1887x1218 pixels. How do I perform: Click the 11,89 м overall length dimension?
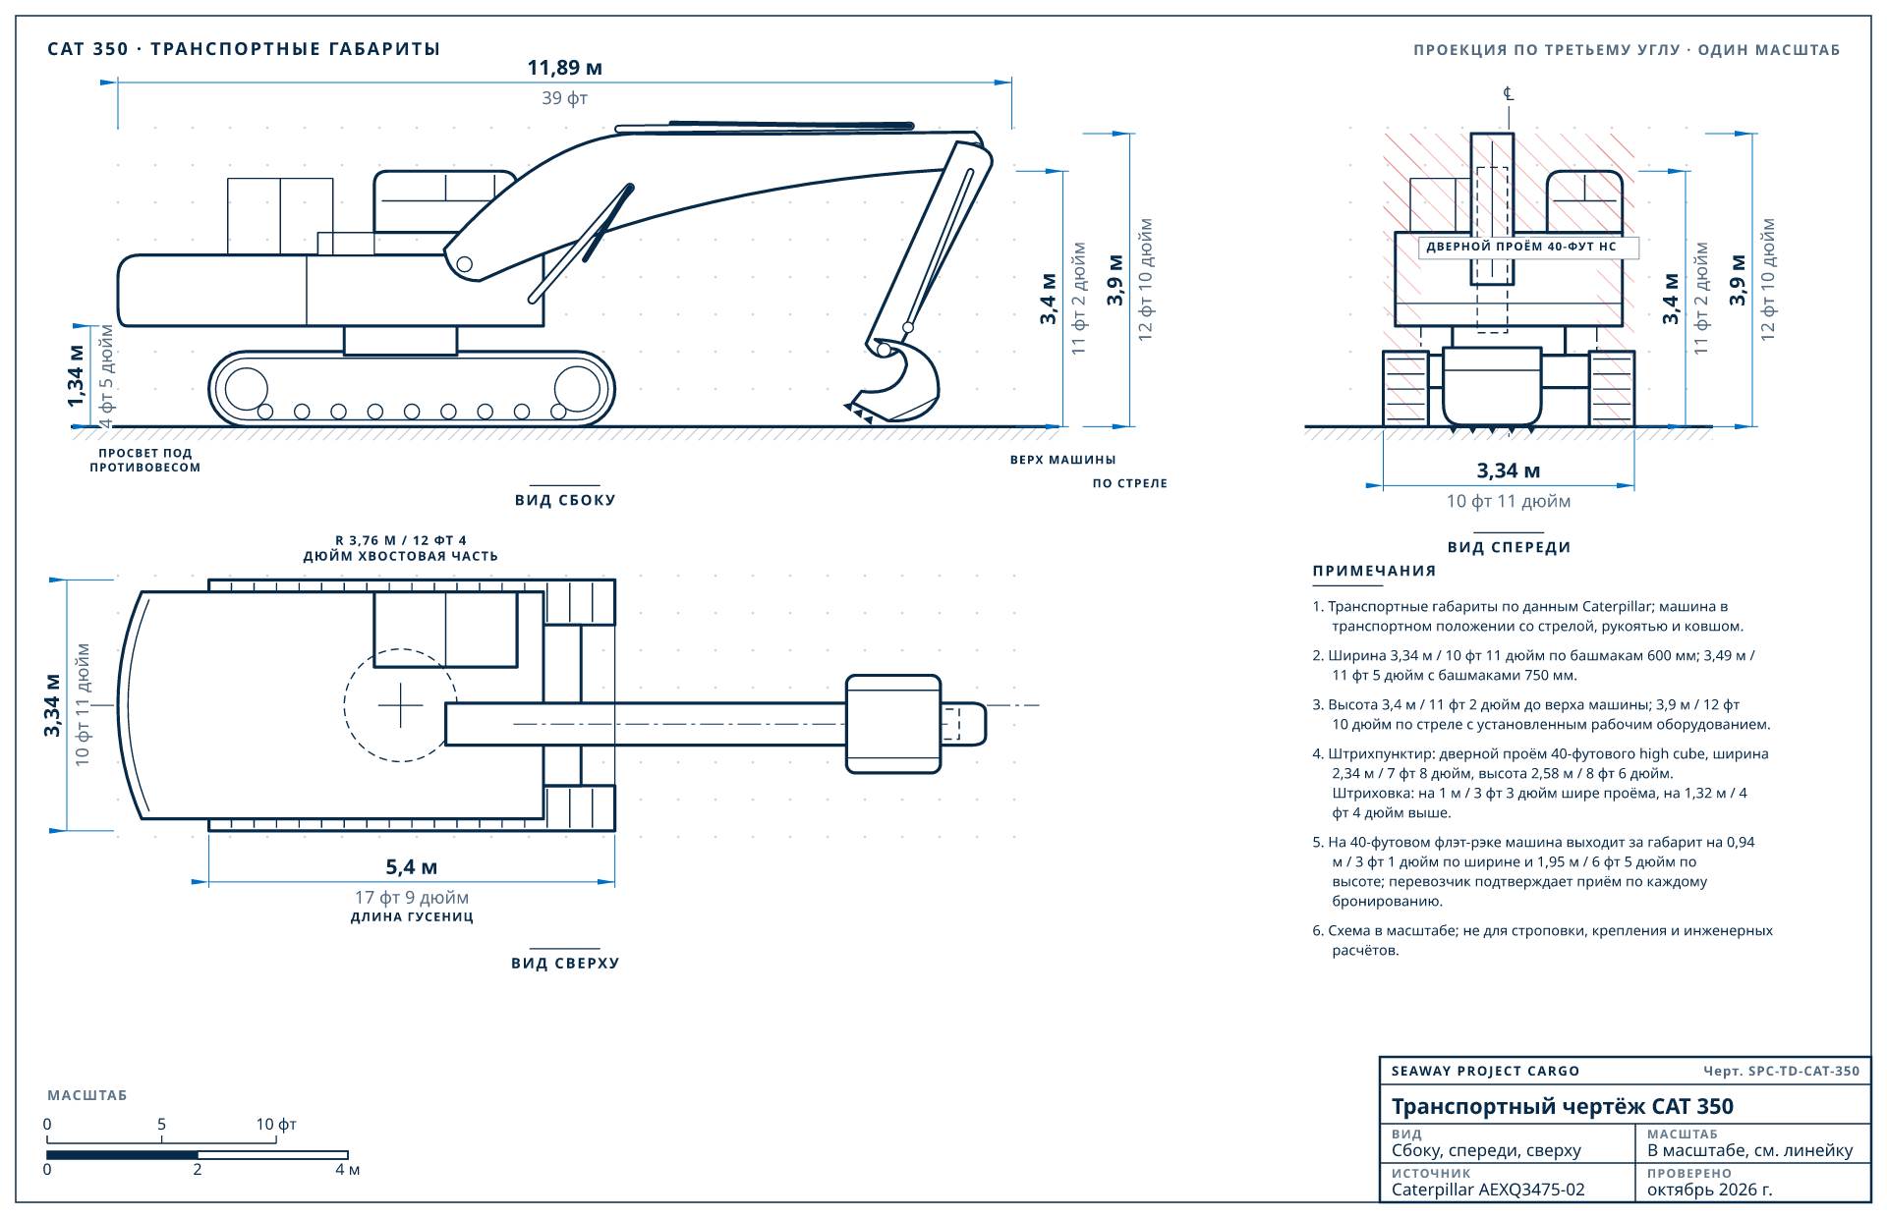click(x=565, y=68)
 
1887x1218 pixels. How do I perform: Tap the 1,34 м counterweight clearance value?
click(x=76, y=375)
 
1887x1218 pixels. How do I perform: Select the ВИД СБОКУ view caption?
click(x=565, y=500)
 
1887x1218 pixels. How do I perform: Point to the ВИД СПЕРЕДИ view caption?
click(x=1509, y=547)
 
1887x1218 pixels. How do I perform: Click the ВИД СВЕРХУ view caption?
click(x=565, y=963)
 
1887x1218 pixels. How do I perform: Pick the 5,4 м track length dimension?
click(x=412, y=867)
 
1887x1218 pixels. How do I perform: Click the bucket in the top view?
click(x=893, y=724)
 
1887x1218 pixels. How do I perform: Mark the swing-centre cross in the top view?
click(x=401, y=705)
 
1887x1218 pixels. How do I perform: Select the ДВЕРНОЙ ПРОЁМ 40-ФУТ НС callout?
click(x=1521, y=247)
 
